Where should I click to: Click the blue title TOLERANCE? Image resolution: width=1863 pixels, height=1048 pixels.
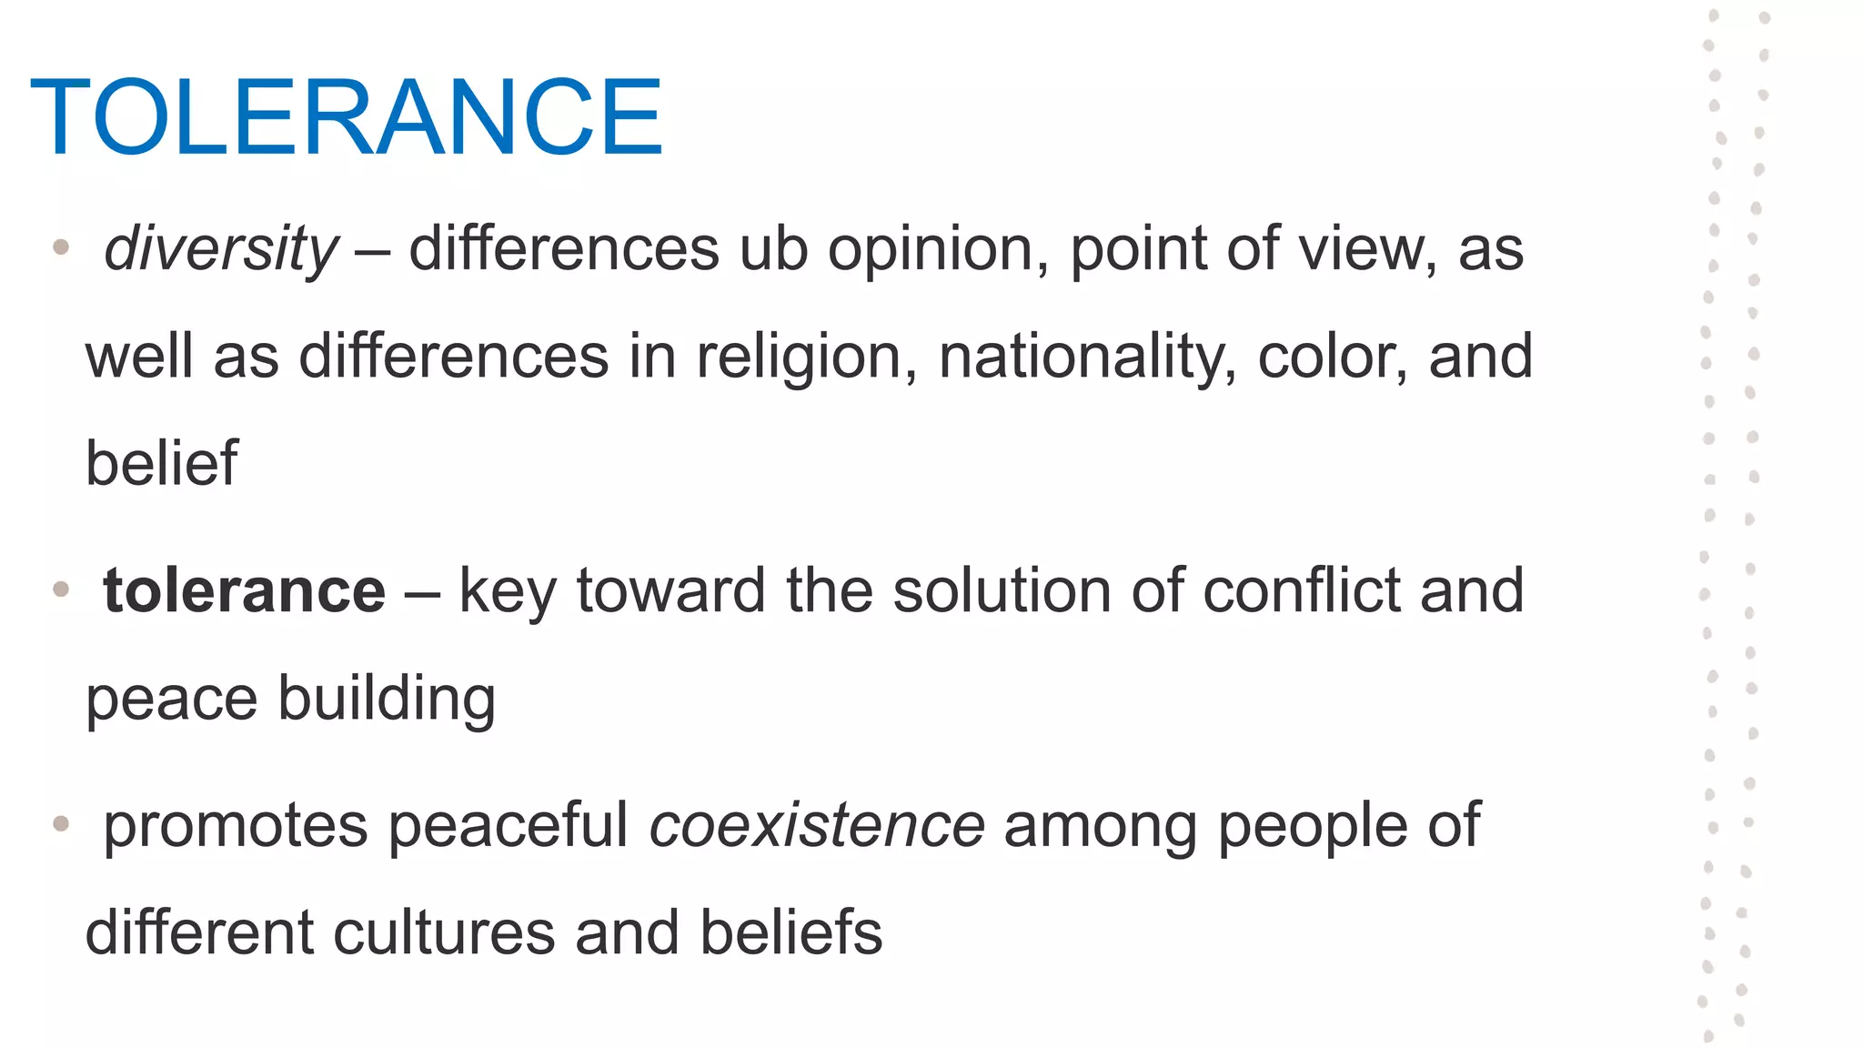pyautogui.click(x=347, y=118)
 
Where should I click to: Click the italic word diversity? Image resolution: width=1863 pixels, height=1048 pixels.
pyautogui.click(x=221, y=248)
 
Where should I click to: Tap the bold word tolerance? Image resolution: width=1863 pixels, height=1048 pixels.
pyautogui.click(x=245, y=591)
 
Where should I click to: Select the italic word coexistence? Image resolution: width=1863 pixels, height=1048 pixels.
pyautogui.click(x=817, y=826)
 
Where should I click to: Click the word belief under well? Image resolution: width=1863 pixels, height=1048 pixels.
pyautogui.click(x=162, y=463)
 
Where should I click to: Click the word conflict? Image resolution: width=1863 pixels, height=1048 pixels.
pyautogui.click(x=1301, y=591)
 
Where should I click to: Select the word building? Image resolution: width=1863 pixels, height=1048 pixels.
pyautogui.click(x=387, y=700)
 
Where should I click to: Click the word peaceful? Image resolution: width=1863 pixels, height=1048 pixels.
pyautogui.click(x=509, y=826)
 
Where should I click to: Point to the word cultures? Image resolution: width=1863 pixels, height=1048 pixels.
pyautogui.click(x=444, y=933)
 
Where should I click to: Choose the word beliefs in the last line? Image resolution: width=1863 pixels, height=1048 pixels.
pyautogui.click(x=791, y=933)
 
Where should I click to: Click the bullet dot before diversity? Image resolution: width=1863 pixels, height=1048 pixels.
pyautogui.click(x=61, y=247)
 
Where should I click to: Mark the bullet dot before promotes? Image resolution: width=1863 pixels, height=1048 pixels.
pyautogui.click(x=61, y=824)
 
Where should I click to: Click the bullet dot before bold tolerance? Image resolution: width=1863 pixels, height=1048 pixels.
pyautogui.click(x=61, y=589)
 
